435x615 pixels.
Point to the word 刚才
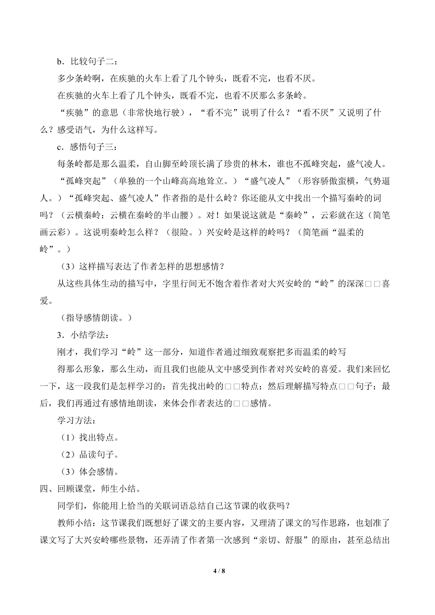tap(66, 352)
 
